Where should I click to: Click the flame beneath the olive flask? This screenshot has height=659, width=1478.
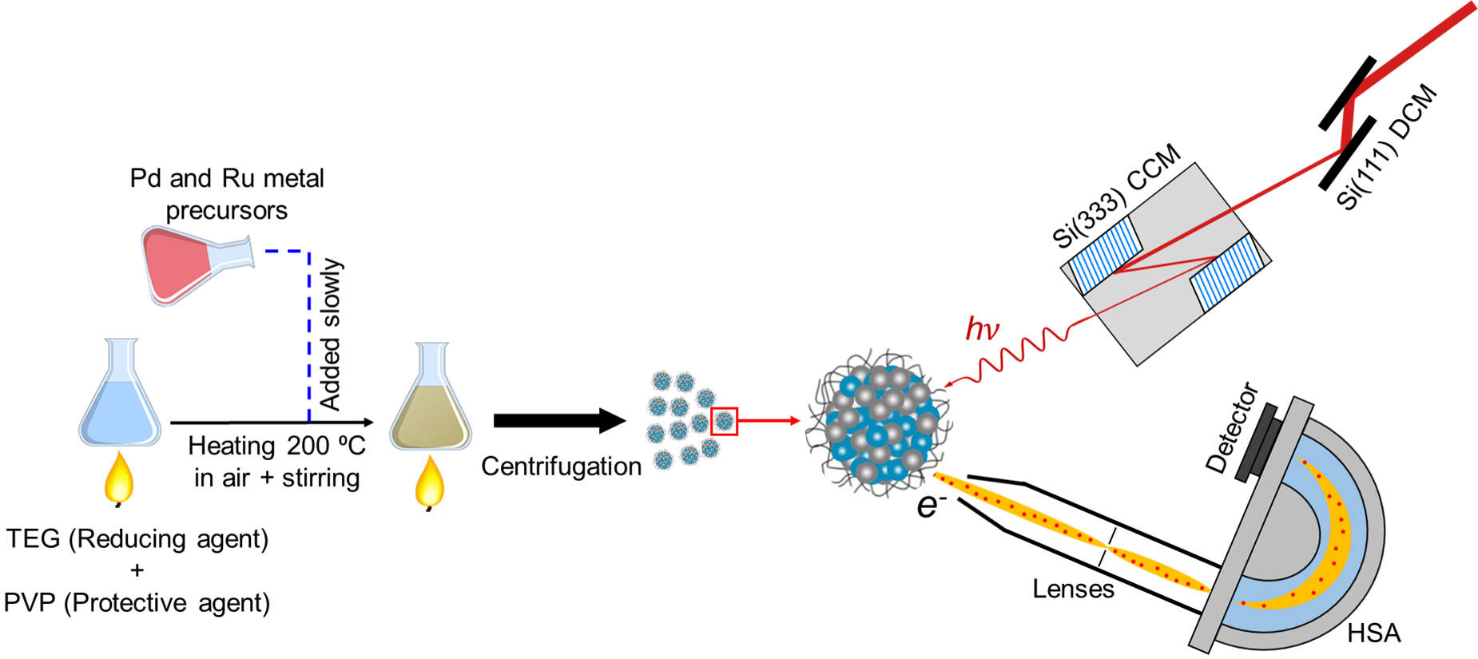[x=430, y=483]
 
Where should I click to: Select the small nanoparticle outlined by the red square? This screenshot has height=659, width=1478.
[x=725, y=421]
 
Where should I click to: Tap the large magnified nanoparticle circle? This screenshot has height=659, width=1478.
[x=879, y=423]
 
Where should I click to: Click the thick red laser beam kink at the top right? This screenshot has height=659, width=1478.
[x=1349, y=120]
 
